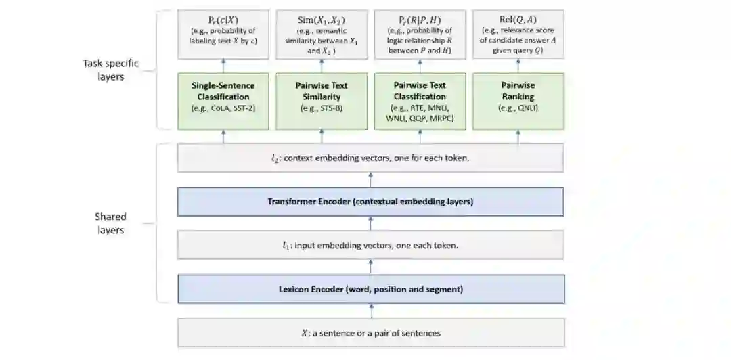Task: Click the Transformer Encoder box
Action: click(x=370, y=201)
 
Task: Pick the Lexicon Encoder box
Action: click(x=370, y=289)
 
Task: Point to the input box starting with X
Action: click(x=370, y=333)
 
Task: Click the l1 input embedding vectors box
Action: click(x=370, y=245)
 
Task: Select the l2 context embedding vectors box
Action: click(x=370, y=158)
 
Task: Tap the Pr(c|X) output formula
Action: click(x=223, y=20)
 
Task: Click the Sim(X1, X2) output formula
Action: click(x=322, y=20)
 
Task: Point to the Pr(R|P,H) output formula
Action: click(x=420, y=20)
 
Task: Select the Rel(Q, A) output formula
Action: click(x=518, y=20)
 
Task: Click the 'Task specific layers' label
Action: click(x=110, y=70)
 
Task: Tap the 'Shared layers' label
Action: click(x=110, y=223)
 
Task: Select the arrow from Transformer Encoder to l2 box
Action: click(x=370, y=179)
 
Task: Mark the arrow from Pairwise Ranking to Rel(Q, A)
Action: click(x=518, y=65)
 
